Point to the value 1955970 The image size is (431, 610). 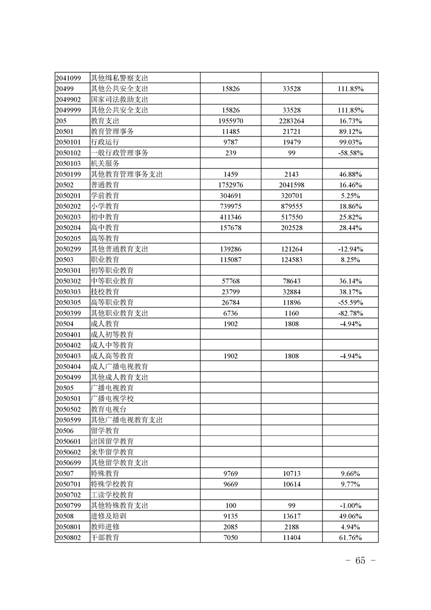pos(230,121)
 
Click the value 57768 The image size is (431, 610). pos(230,281)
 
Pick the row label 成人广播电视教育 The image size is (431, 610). pos(120,366)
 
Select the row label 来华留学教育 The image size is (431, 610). pos(112,452)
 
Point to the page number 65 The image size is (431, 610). pos(360,561)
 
